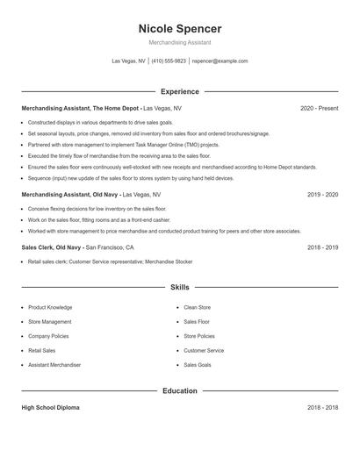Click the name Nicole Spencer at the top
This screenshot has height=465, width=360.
point(179,28)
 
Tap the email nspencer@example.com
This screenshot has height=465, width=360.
point(220,61)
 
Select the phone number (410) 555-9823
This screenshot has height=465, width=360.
point(169,61)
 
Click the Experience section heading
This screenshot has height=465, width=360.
point(179,91)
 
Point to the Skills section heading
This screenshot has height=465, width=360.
point(179,287)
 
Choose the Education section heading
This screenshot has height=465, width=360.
point(179,390)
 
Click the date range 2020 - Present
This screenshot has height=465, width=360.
point(319,108)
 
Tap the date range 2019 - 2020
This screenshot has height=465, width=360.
point(322,194)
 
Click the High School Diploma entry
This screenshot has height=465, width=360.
point(52,408)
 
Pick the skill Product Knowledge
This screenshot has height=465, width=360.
point(50,308)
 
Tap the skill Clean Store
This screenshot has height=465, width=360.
point(198,308)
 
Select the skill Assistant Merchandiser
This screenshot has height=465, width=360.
point(54,365)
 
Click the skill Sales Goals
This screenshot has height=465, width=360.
point(198,365)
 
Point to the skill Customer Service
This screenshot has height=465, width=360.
point(204,351)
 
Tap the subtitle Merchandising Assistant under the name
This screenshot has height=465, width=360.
point(179,42)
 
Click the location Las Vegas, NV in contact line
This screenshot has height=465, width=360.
point(128,61)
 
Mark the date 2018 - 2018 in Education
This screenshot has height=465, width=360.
point(322,408)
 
